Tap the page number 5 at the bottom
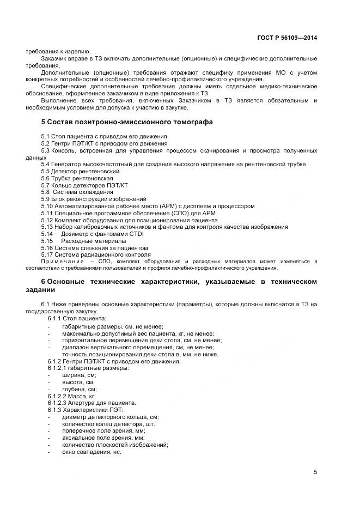coord(315,472)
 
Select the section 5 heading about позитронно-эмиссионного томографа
coord(127,122)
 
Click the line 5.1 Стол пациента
coord(104,136)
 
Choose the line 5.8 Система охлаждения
coord(69,192)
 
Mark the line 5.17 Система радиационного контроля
coord(95,255)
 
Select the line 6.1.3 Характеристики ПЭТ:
coord(86,410)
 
